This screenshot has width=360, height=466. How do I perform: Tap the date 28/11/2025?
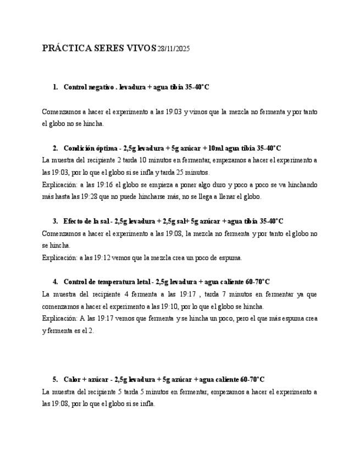[x=174, y=49]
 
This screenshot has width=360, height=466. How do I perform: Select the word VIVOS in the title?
[x=142, y=48]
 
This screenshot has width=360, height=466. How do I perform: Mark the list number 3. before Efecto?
[x=56, y=221]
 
